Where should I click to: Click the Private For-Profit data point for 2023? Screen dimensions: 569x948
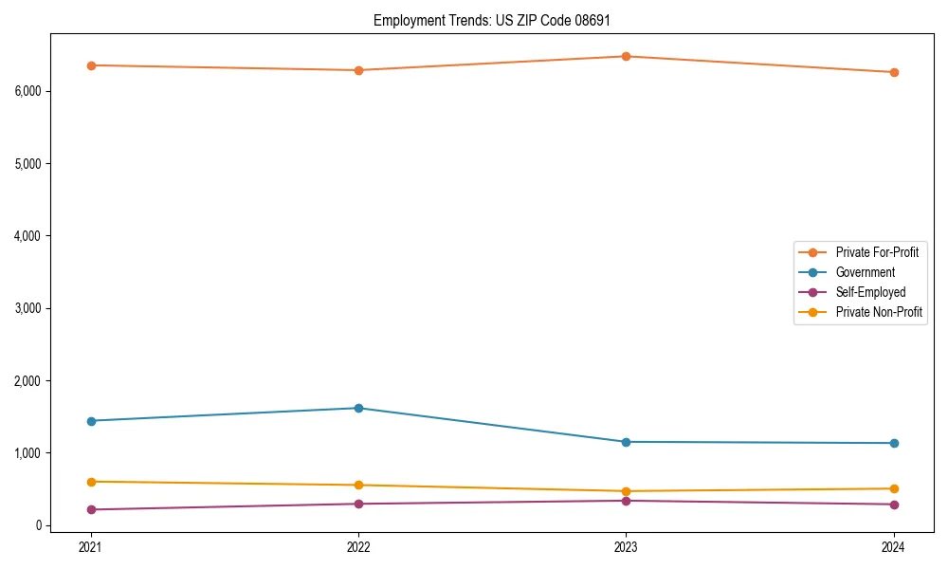point(626,56)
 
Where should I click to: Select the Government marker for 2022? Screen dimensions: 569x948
point(358,408)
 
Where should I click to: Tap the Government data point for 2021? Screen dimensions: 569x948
point(91,421)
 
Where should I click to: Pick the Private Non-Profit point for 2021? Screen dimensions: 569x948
point(91,482)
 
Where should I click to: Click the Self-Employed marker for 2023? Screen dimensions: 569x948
point(626,501)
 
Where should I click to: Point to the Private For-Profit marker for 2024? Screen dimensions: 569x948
point(893,72)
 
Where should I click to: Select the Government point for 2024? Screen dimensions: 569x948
point(893,443)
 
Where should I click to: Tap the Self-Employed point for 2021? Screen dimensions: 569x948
point(91,509)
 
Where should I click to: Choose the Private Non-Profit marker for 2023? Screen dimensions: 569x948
point(626,491)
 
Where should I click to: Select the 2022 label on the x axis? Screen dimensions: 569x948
point(358,546)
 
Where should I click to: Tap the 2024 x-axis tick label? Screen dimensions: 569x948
point(893,546)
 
